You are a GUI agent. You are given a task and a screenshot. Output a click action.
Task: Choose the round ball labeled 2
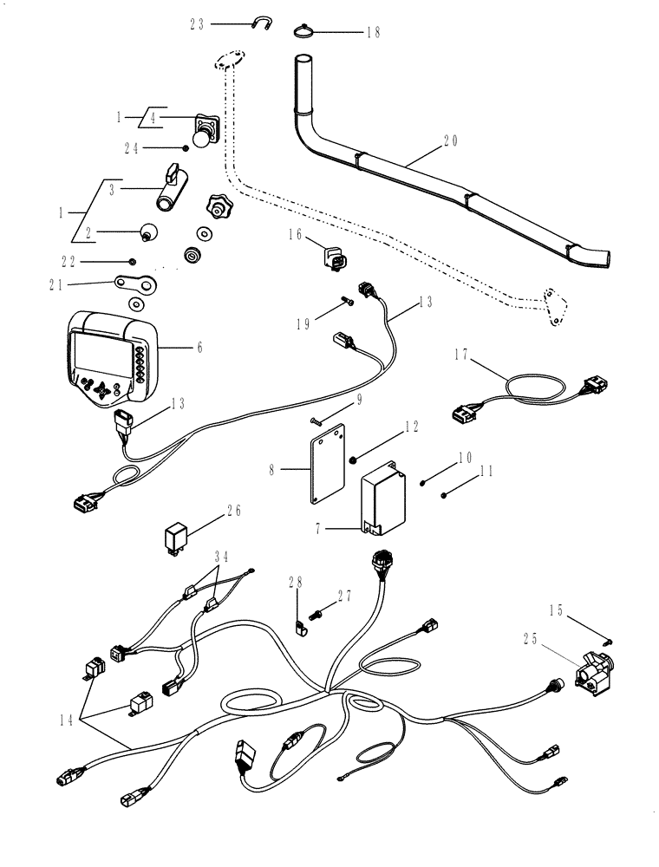[149, 232]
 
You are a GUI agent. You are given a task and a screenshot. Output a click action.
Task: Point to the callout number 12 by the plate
[412, 428]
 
